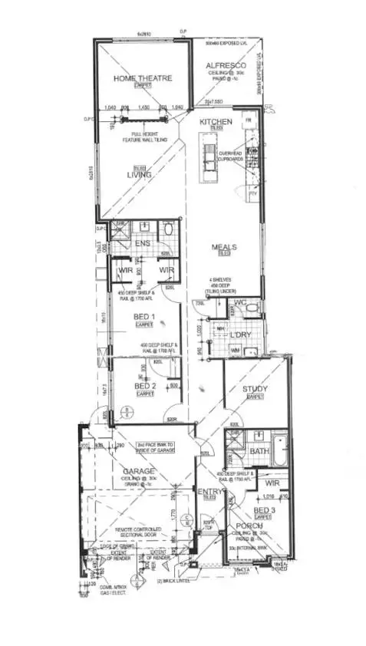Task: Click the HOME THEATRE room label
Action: [142, 77]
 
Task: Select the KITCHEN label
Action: [216, 122]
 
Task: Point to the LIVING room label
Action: [139, 174]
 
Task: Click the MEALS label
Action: [224, 247]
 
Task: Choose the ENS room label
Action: [143, 243]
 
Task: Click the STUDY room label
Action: [255, 389]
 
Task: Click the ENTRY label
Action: [209, 491]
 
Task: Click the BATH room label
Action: [259, 451]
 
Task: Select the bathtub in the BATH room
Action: [280, 452]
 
